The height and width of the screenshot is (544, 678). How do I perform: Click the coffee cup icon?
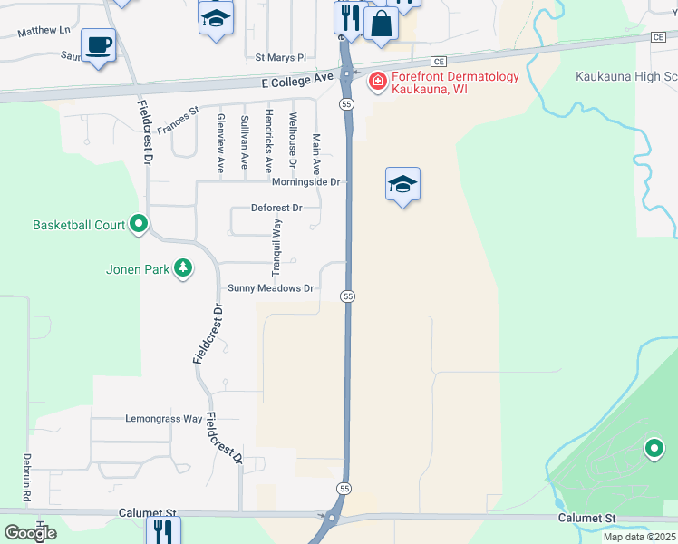pyautogui.click(x=98, y=44)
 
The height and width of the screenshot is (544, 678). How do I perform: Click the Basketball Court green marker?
pyautogui.click(x=139, y=223)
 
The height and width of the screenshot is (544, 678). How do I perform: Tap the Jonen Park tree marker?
pyautogui.click(x=183, y=267)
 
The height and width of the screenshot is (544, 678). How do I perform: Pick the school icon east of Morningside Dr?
pyautogui.click(x=402, y=184)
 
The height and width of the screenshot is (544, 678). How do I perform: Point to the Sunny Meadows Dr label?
pyautogui.click(x=270, y=288)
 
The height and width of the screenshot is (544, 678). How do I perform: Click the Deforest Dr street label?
pyautogui.click(x=276, y=208)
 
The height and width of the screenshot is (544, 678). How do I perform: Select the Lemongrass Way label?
pyautogui.click(x=163, y=419)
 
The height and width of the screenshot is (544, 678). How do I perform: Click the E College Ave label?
pyautogui.click(x=296, y=80)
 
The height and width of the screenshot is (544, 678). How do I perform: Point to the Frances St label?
pyautogui.click(x=178, y=121)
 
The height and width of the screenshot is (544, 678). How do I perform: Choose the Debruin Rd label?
pyautogui.click(x=27, y=479)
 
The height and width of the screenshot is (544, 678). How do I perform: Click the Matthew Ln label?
pyautogui.click(x=44, y=30)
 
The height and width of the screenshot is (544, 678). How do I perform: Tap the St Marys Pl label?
pyautogui.click(x=281, y=56)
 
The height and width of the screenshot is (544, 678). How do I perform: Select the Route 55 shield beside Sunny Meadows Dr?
pyautogui.click(x=347, y=296)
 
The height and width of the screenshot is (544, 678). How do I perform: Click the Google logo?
pyautogui.click(x=30, y=533)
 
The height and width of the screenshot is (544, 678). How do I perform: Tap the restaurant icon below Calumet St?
pyautogui.click(x=163, y=529)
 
